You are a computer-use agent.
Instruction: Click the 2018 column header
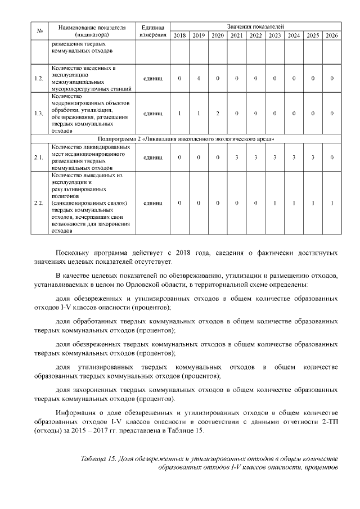coord(179,36)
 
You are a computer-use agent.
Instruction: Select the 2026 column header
coord(332,36)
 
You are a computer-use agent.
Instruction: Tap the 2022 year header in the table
coord(255,36)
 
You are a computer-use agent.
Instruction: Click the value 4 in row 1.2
coord(199,78)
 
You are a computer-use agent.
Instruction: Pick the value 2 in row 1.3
coord(218,114)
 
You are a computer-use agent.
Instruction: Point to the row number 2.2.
coord(39,202)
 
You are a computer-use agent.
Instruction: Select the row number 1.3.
coord(39,114)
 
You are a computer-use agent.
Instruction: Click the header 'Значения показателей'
coord(255,26)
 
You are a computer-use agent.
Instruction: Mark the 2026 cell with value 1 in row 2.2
coord(332,202)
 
